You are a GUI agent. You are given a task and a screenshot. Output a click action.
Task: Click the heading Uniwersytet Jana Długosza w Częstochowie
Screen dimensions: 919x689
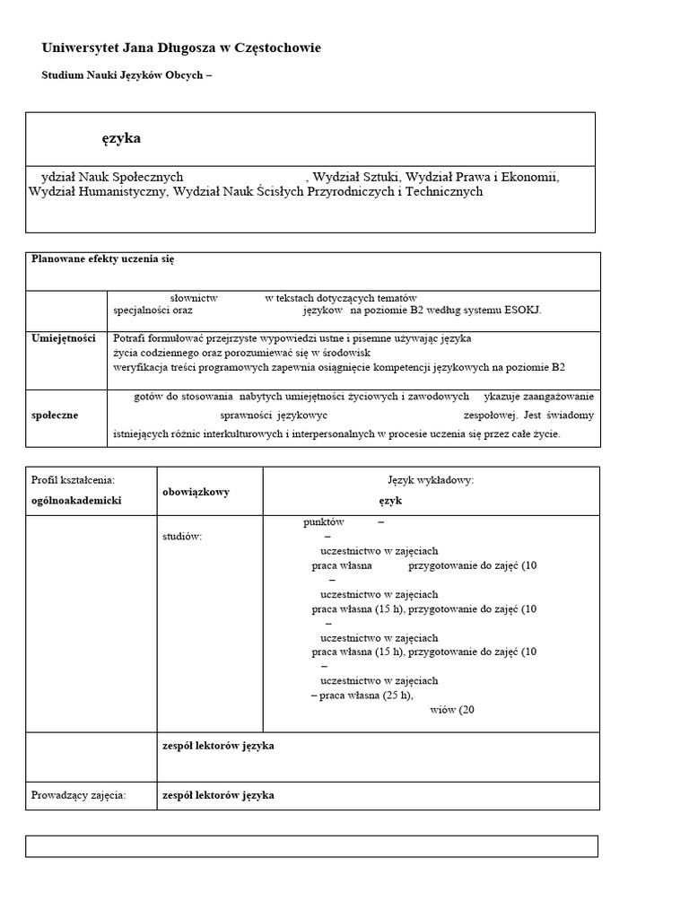coord(181,48)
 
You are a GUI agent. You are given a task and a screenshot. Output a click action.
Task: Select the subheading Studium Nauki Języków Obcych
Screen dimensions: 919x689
coord(126,75)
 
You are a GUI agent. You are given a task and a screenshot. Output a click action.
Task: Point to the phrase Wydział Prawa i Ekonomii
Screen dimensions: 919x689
coord(484,177)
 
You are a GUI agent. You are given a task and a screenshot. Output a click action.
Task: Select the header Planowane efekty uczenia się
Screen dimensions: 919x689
coord(103,258)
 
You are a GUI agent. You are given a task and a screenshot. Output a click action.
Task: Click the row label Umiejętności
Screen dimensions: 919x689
coord(64,338)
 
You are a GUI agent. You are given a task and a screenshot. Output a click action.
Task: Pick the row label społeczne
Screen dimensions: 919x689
coord(55,415)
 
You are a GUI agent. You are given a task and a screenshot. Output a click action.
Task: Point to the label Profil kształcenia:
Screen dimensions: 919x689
coord(74,480)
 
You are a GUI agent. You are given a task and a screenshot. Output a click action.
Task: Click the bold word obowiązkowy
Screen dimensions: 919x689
coord(196,492)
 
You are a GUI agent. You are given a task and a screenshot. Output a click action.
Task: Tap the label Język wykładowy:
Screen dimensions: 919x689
coord(431,480)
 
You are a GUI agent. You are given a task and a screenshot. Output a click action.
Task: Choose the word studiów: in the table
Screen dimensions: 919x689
coord(182,536)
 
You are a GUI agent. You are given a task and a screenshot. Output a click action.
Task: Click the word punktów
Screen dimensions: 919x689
coord(324,521)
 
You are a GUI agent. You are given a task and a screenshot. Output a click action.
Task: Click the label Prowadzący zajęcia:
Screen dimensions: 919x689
coord(79,794)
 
